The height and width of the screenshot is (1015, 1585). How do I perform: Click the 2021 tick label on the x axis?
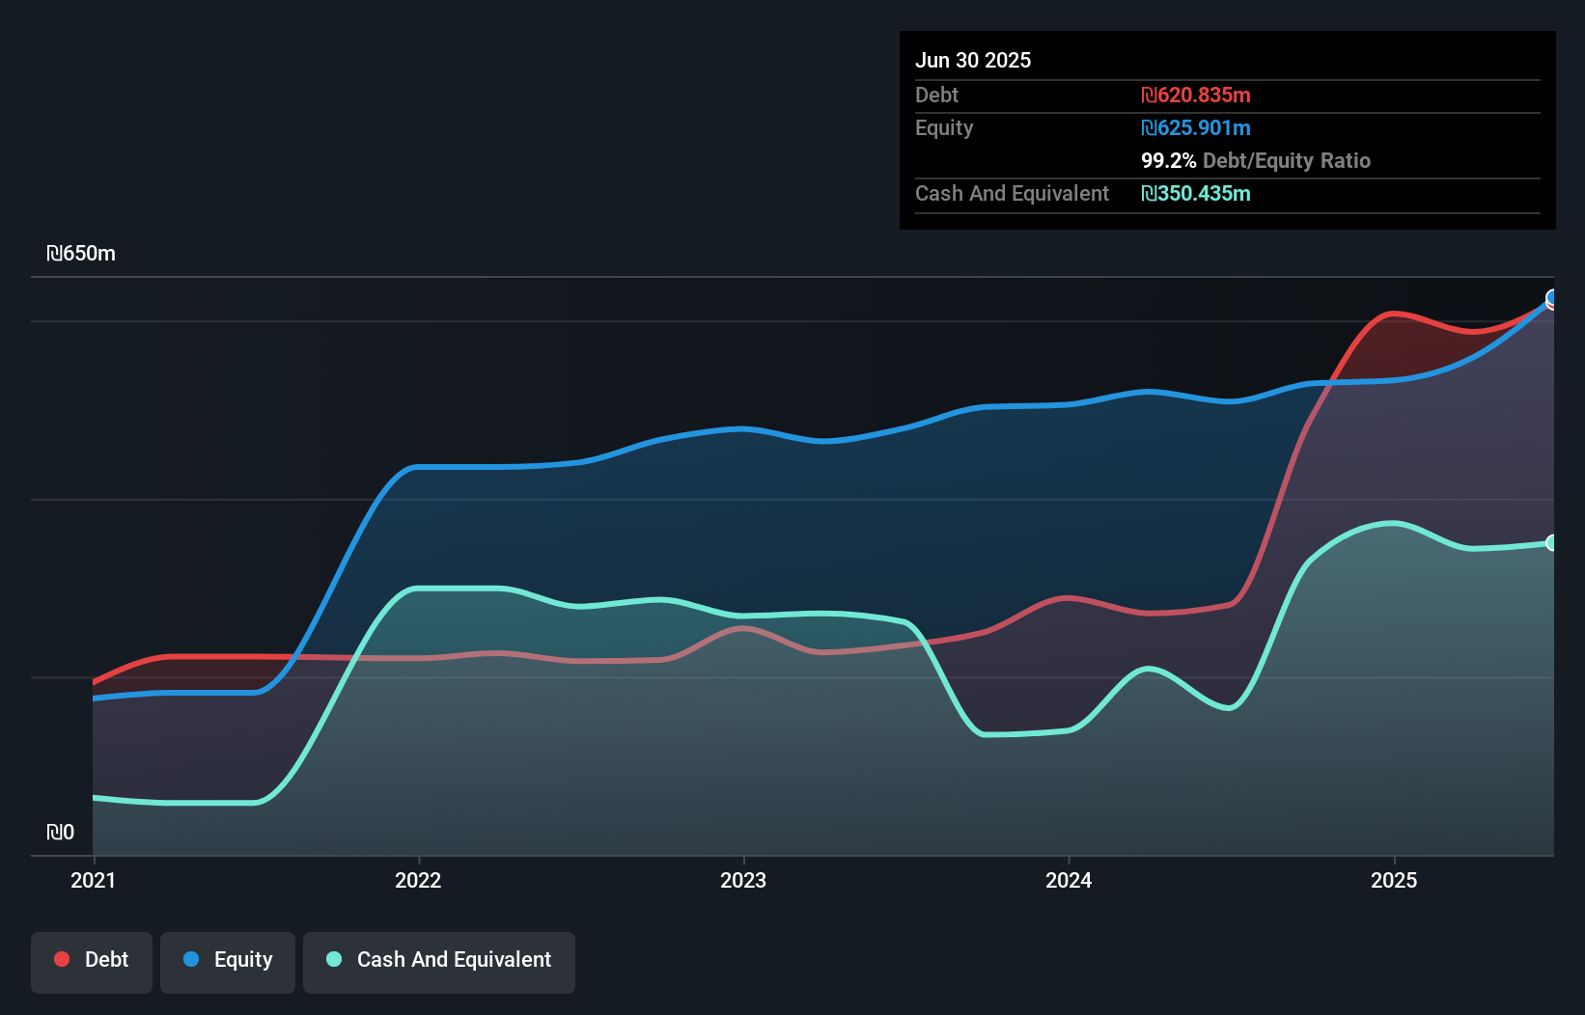93,880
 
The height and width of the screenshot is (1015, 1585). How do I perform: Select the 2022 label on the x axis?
418,880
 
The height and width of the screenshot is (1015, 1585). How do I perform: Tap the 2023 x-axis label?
743,880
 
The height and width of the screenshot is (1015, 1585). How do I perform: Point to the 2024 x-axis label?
1069,880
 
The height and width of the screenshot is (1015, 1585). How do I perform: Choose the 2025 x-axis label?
1394,880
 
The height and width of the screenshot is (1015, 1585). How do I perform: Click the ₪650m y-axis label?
81,254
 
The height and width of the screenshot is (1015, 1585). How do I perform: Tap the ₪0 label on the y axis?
60,832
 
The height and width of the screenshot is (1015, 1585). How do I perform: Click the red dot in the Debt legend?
62,959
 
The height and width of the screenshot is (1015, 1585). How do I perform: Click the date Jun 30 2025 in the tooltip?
973,60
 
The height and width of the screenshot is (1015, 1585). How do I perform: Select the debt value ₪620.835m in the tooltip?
1195,95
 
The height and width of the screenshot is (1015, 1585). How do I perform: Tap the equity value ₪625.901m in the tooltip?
1195,127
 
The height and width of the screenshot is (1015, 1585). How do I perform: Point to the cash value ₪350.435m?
1195,193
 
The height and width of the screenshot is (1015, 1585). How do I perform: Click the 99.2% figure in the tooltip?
1168,160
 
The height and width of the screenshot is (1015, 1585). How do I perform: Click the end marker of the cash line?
1552,542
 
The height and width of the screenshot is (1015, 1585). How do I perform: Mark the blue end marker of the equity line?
1552,297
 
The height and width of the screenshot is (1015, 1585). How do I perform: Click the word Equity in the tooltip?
944,127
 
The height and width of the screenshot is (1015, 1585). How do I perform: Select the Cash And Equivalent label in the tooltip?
1012,193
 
